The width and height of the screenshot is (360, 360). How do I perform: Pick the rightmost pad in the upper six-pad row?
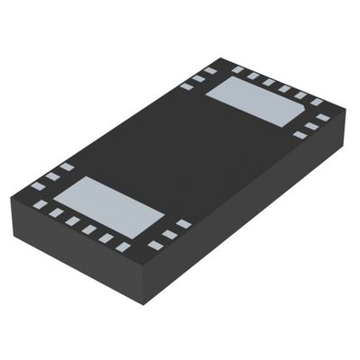317,102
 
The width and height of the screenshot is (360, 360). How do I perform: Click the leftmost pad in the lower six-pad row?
40,204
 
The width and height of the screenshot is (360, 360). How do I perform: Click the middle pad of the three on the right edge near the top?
311,126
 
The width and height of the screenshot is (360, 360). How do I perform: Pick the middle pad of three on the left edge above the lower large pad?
52,175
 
